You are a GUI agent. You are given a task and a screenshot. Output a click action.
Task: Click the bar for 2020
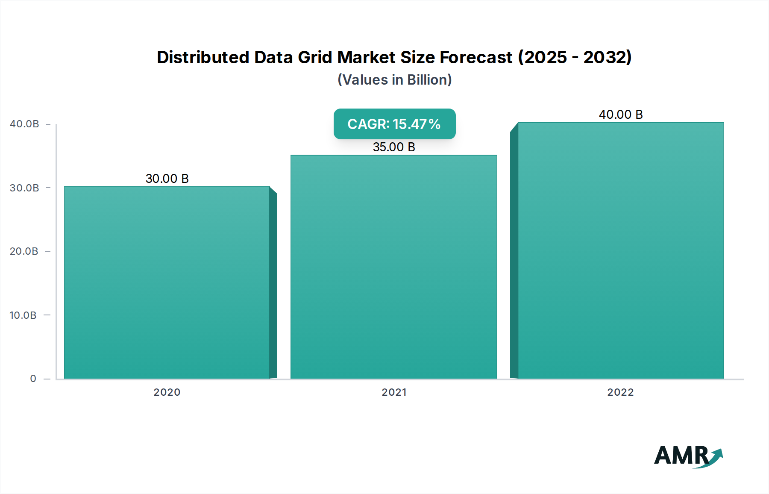click(x=167, y=282)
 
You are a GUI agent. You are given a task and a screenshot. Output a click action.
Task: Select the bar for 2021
click(x=393, y=267)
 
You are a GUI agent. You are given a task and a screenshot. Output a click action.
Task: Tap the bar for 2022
click(x=620, y=250)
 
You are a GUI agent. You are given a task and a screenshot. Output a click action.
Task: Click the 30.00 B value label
click(x=167, y=179)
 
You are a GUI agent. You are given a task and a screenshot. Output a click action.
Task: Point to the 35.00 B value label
click(x=394, y=147)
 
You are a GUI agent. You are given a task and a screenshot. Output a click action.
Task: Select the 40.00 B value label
click(x=621, y=115)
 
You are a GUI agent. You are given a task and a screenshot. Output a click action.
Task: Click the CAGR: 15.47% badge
click(x=394, y=124)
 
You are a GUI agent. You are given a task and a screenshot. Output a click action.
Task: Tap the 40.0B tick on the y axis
click(x=24, y=124)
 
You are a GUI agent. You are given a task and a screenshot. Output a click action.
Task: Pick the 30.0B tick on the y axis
click(x=24, y=188)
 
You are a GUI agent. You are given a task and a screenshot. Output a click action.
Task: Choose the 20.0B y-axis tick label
click(x=24, y=251)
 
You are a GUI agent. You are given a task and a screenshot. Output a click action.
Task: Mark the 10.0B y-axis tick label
click(x=23, y=315)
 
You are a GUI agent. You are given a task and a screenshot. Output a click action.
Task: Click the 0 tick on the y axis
click(x=33, y=379)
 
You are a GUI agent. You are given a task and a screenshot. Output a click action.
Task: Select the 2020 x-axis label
click(x=167, y=392)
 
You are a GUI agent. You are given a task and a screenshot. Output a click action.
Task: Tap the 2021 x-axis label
click(x=394, y=392)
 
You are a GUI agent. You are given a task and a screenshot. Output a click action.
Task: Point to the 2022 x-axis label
click(x=620, y=392)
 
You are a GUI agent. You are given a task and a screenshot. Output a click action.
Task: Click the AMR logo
click(x=688, y=456)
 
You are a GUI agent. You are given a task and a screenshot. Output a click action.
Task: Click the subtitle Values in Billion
click(x=394, y=80)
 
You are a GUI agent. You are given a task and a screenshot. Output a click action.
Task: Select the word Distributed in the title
click(x=203, y=57)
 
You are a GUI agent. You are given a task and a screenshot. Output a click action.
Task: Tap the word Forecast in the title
click(x=476, y=57)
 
